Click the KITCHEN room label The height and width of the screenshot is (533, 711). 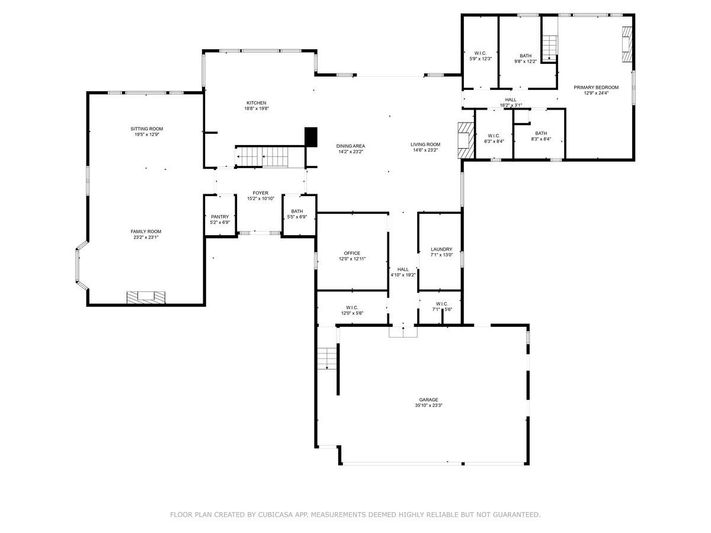pyautogui.click(x=256, y=103)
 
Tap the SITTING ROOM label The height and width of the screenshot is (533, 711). pyautogui.click(x=147, y=129)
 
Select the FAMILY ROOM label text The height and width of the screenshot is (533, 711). pyautogui.click(x=146, y=232)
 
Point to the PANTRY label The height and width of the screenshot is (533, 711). pyautogui.click(x=220, y=217)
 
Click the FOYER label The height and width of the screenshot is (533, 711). pyautogui.click(x=261, y=193)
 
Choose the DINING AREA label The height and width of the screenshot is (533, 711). pyautogui.click(x=351, y=146)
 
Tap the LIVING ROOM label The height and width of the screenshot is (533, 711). pyautogui.click(x=425, y=145)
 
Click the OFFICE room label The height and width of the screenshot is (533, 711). pyautogui.click(x=352, y=253)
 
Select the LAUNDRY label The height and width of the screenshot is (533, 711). pyautogui.click(x=441, y=249)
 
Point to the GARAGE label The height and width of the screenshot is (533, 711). pyautogui.click(x=428, y=400)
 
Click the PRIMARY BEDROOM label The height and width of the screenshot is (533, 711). pyautogui.click(x=596, y=88)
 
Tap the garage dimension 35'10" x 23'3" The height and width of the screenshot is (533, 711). pyautogui.click(x=428, y=405)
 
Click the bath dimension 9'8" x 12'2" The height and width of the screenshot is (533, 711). pyautogui.click(x=526, y=61)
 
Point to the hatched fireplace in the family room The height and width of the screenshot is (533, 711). pyautogui.click(x=146, y=297)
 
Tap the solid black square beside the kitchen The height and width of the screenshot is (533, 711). pyautogui.click(x=311, y=137)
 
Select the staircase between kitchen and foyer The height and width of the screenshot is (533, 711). pyautogui.click(x=262, y=157)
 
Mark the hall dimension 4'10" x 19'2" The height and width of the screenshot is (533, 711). pyautogui.click(x=403, y=275)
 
